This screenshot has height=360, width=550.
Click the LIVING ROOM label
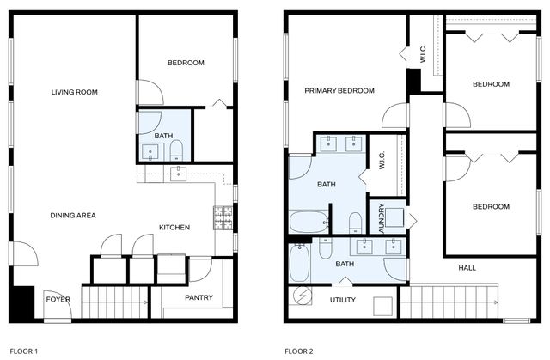coord(74,92)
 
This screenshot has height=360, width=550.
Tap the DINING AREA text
coord(73,215)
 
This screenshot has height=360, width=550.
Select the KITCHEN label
coord(174,227)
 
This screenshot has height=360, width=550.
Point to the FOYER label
coord(58,299)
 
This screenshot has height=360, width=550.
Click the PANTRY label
coord(199,298)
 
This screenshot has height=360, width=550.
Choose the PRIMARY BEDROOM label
coord(339,90)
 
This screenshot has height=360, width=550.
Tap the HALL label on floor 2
coord(467,268)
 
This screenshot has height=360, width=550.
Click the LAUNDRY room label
coord(376,219)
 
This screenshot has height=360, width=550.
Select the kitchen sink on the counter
coord(178,173)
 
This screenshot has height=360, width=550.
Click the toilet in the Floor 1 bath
coord(176,151)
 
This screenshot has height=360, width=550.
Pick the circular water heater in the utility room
coord(302,296)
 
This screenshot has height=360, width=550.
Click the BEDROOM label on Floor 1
coord(185,63)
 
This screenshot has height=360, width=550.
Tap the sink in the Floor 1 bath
coord(150,152)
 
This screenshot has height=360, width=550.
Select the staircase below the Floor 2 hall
coord(449,302)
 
